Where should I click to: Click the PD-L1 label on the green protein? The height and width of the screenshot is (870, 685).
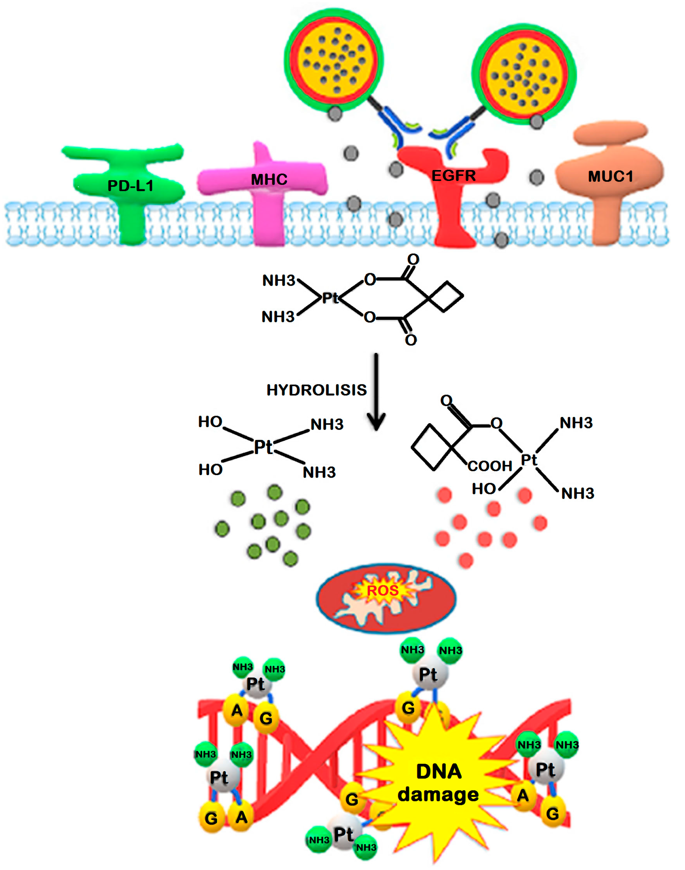pyautogui.click(x=130, y=185)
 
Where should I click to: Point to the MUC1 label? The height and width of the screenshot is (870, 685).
pyautogui.click(x=610, y=176)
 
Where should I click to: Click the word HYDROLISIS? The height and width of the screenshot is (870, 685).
pyautogui.click(x=316, y=390)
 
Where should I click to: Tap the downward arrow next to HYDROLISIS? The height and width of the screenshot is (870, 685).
pyautogui.click(x=376, y=393)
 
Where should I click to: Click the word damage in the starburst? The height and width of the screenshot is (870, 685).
pyautogui.click(x=438, y=795)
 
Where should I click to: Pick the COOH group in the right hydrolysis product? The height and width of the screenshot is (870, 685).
pyautogui.click(x=490, y=466)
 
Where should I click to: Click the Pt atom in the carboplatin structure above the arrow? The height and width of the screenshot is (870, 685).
pyautogui.click(x=331, y=298)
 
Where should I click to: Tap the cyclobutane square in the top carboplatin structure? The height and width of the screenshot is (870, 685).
pyautogui.click(x=445, y=296)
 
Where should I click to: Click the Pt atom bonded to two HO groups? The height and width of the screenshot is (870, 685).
pyautogui.click(x=263, y=447)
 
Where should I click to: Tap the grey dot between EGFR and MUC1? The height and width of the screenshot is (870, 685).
pyautogui.click(x=536, y=177)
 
